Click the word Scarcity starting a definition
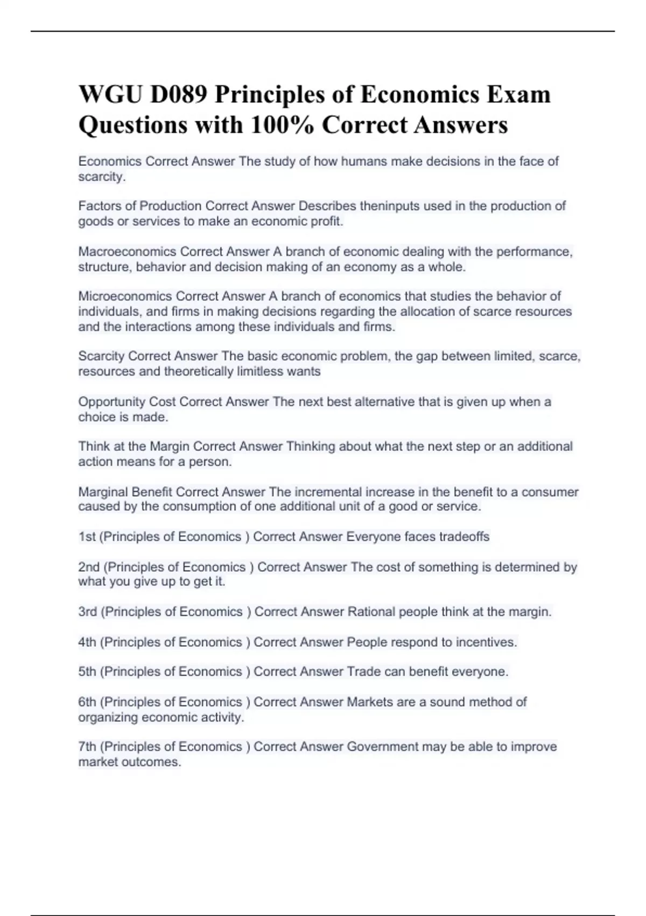pos(101,356)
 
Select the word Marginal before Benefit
pos(103,492)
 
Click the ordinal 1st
pos(88,537)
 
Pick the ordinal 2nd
pos(89,567)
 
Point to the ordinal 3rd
pos(88,612)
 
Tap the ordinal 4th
pos(88,642)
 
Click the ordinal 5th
pos(88,672)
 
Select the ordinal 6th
pos(88,702)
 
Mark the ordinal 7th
pos(88,747)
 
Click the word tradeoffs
pos(464,537)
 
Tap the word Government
pos(382,747)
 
